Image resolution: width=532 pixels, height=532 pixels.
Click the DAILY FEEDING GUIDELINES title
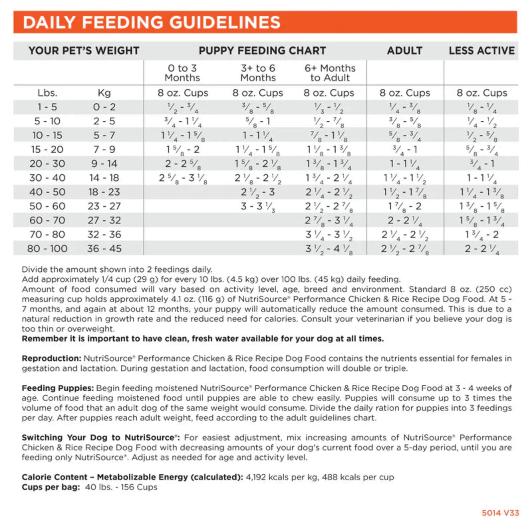(x=152, y=22)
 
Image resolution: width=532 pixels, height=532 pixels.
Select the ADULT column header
(x=405, y=51)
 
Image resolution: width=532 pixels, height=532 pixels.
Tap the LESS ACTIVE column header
(x=481, y=51)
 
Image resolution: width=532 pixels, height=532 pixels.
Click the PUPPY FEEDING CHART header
(x=262, y=51)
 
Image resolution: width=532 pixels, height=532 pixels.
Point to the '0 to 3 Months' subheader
(x=182, y=73)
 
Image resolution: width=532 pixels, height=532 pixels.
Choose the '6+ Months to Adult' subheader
(x=330, y=73)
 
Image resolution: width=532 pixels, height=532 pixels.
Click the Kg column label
(x=104, y=93)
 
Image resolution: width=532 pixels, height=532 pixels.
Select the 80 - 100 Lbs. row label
(x=47, y=248)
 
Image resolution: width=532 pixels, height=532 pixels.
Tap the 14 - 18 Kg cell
(x=104, y=178)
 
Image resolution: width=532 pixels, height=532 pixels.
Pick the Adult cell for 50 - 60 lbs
(x=405, y=206)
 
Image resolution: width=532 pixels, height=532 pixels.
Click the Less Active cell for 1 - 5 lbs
(x=481, y=107)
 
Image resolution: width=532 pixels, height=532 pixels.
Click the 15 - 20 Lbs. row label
(x=47, y=150)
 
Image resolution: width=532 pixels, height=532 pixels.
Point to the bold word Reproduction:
(x=52, y=358)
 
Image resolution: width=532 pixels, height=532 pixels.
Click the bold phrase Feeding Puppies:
(x=58, y=388)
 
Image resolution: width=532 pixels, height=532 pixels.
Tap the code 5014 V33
(x=500, y=513)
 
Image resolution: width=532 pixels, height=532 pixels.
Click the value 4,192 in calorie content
(x=256, y=477)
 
